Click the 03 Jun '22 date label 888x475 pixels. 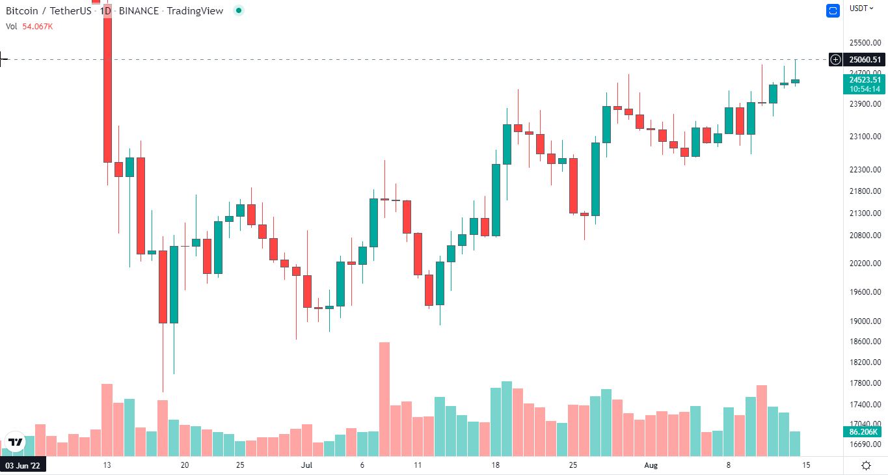[x=23, y=465]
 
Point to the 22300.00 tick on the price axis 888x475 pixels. [x=865, y=170]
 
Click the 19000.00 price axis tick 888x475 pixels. [x=865, y=321]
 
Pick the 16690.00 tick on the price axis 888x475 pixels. [x=865, y=444]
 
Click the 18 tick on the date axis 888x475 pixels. [x=496, y=465]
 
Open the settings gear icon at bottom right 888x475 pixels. [x=867, y=465]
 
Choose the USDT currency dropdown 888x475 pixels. [x=861, y=8]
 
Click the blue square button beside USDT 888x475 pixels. [x=833, y=10]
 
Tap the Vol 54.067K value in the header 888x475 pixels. [x=38, y=27]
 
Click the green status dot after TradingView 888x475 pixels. [x=239, y=10]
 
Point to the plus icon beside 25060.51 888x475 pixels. [x=835, y=60]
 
